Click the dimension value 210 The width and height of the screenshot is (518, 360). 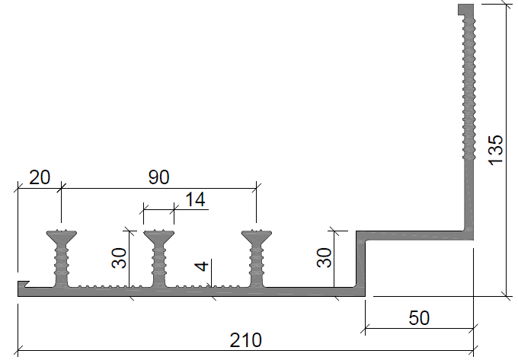coord(245,340)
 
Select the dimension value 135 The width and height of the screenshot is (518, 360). coord(496,150)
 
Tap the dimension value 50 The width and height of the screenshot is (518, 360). coord(419,318)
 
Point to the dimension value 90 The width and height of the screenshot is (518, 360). coord(159,177)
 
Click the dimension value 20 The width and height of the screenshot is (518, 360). coord(40,177)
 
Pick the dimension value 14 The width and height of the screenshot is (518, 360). coord(195,199)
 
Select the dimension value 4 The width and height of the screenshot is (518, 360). coord(202,266)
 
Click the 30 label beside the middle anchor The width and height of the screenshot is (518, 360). coord(120,258)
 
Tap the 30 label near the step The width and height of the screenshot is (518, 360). coord(324,257)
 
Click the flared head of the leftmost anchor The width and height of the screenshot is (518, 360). coord(62,237)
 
